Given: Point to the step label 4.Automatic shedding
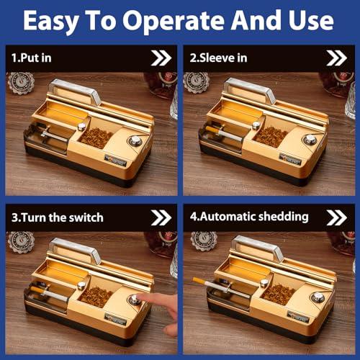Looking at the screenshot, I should (248, 216).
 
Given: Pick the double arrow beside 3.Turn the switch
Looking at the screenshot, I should (160, 216).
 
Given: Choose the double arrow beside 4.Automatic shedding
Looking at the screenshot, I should (336, 216).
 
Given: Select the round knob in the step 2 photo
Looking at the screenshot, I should (310, 141).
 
